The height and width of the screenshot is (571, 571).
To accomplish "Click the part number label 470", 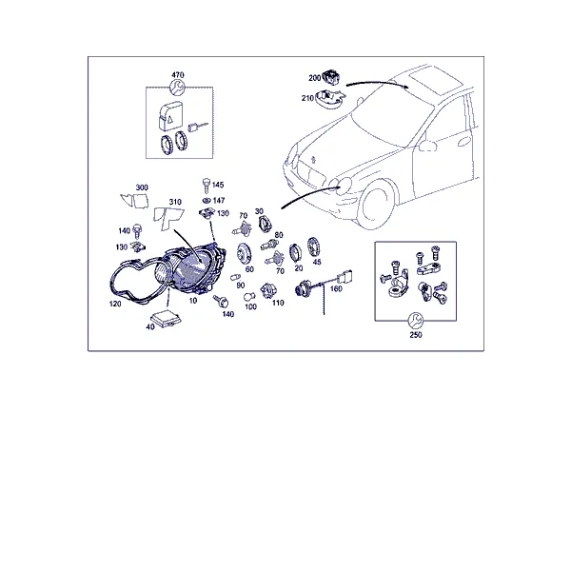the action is click(x=178, y=75).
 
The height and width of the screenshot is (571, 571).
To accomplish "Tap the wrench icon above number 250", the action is click(x=416, y=320).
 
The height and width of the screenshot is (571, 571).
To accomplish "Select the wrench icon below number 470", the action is click(x=178, y=88).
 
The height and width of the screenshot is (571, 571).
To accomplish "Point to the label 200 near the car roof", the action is click(x=315, y=78).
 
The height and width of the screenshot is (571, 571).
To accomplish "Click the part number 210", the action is click(x=307, y=98).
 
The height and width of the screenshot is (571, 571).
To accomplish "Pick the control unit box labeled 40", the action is click(x=167, y=318).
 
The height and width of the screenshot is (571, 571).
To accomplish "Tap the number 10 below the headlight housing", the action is click(x=193, y=301).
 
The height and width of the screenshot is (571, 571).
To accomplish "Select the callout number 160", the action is click(x=336, y=288).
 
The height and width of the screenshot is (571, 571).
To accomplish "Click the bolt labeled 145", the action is click(x=207, y=186).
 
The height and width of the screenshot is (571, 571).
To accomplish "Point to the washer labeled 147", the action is click(x=207, y=200).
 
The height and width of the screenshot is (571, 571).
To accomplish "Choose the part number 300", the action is click(x=142, y=187).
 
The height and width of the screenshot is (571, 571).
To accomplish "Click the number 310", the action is click(x=175, y=202).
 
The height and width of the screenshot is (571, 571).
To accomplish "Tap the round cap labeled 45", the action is click(x=313, y=246).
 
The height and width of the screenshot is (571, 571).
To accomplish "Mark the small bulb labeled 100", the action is click(x=249, y=297).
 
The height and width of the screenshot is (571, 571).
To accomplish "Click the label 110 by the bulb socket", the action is click(x=278, y=303).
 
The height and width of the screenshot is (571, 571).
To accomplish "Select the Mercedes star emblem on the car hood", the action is click(x=312, y=160).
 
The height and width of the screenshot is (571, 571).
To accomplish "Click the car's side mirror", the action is click(x=427, y=146).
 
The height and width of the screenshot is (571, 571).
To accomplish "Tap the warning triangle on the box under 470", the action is click(x=170, y=119).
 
